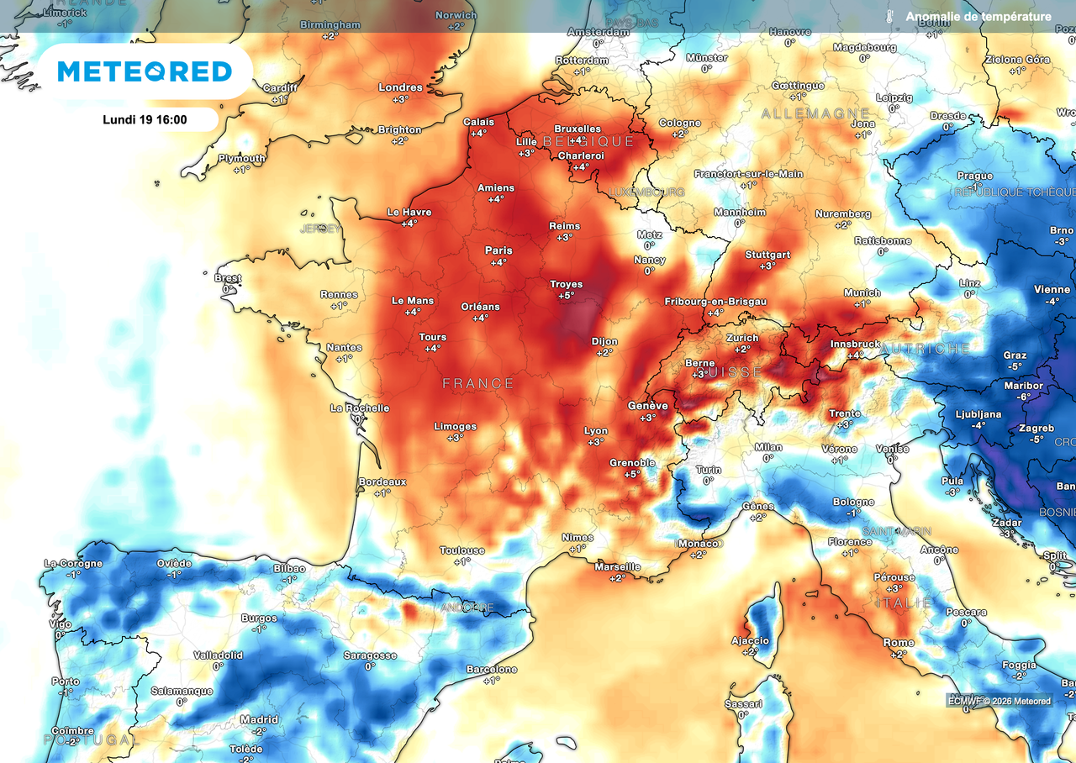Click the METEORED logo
145,71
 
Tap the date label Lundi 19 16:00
145,119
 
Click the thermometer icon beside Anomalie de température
889,17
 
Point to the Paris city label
498,250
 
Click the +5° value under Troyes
567,296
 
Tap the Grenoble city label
632,463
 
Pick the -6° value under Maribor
1023,397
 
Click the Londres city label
400,87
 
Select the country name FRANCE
478,383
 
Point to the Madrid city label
259,719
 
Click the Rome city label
899,643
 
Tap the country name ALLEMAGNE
815,113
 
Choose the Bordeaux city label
382,481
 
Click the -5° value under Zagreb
1036,439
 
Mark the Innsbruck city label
856,345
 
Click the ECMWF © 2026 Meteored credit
999,701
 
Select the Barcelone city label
492,670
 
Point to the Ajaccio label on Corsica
750,640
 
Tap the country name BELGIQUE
588,141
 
